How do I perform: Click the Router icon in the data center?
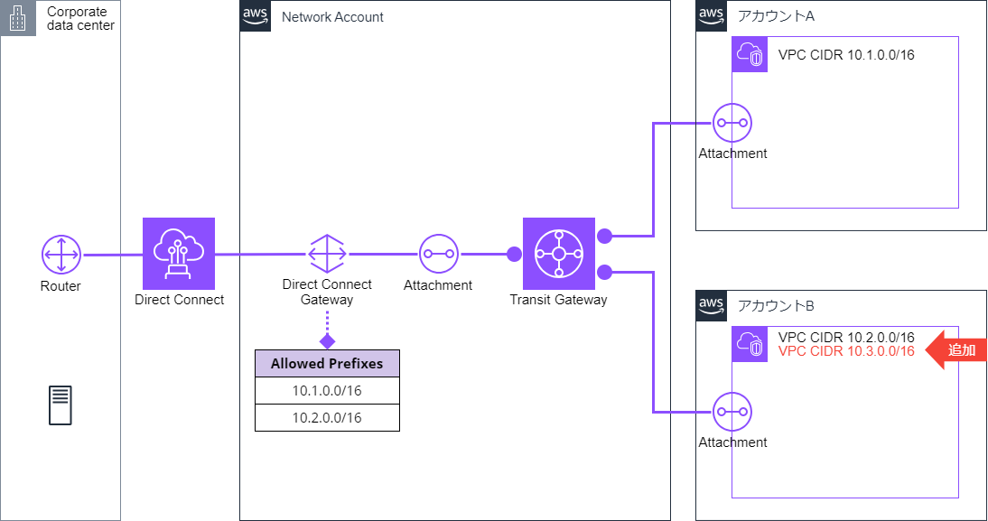pos(61,255)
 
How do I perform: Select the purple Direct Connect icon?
pos(179,254)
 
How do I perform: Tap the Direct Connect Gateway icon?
pos(327,254)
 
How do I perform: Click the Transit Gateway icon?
pos(559,254)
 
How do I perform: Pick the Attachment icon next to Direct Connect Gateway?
pos(439,254)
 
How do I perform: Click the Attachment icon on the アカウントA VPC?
pos(732,123)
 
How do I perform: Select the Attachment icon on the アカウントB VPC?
pos(732,412)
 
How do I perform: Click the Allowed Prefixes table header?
pos(327,364)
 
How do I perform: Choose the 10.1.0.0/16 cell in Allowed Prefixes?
pos(327,391)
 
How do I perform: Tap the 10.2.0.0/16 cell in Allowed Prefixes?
pos(327,418)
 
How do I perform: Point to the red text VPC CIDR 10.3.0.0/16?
pos(846,351)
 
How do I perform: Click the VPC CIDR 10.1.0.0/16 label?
pos(846,55)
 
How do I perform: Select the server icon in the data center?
pos(61,405)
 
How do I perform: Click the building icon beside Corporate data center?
pos(18,18)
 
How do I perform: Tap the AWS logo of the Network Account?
pos(256,15)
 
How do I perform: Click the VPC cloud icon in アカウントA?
pos(750,54)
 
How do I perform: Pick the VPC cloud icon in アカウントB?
pos(750,344)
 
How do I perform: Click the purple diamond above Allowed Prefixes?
pos(327,341)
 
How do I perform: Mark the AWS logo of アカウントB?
pos(712,305)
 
